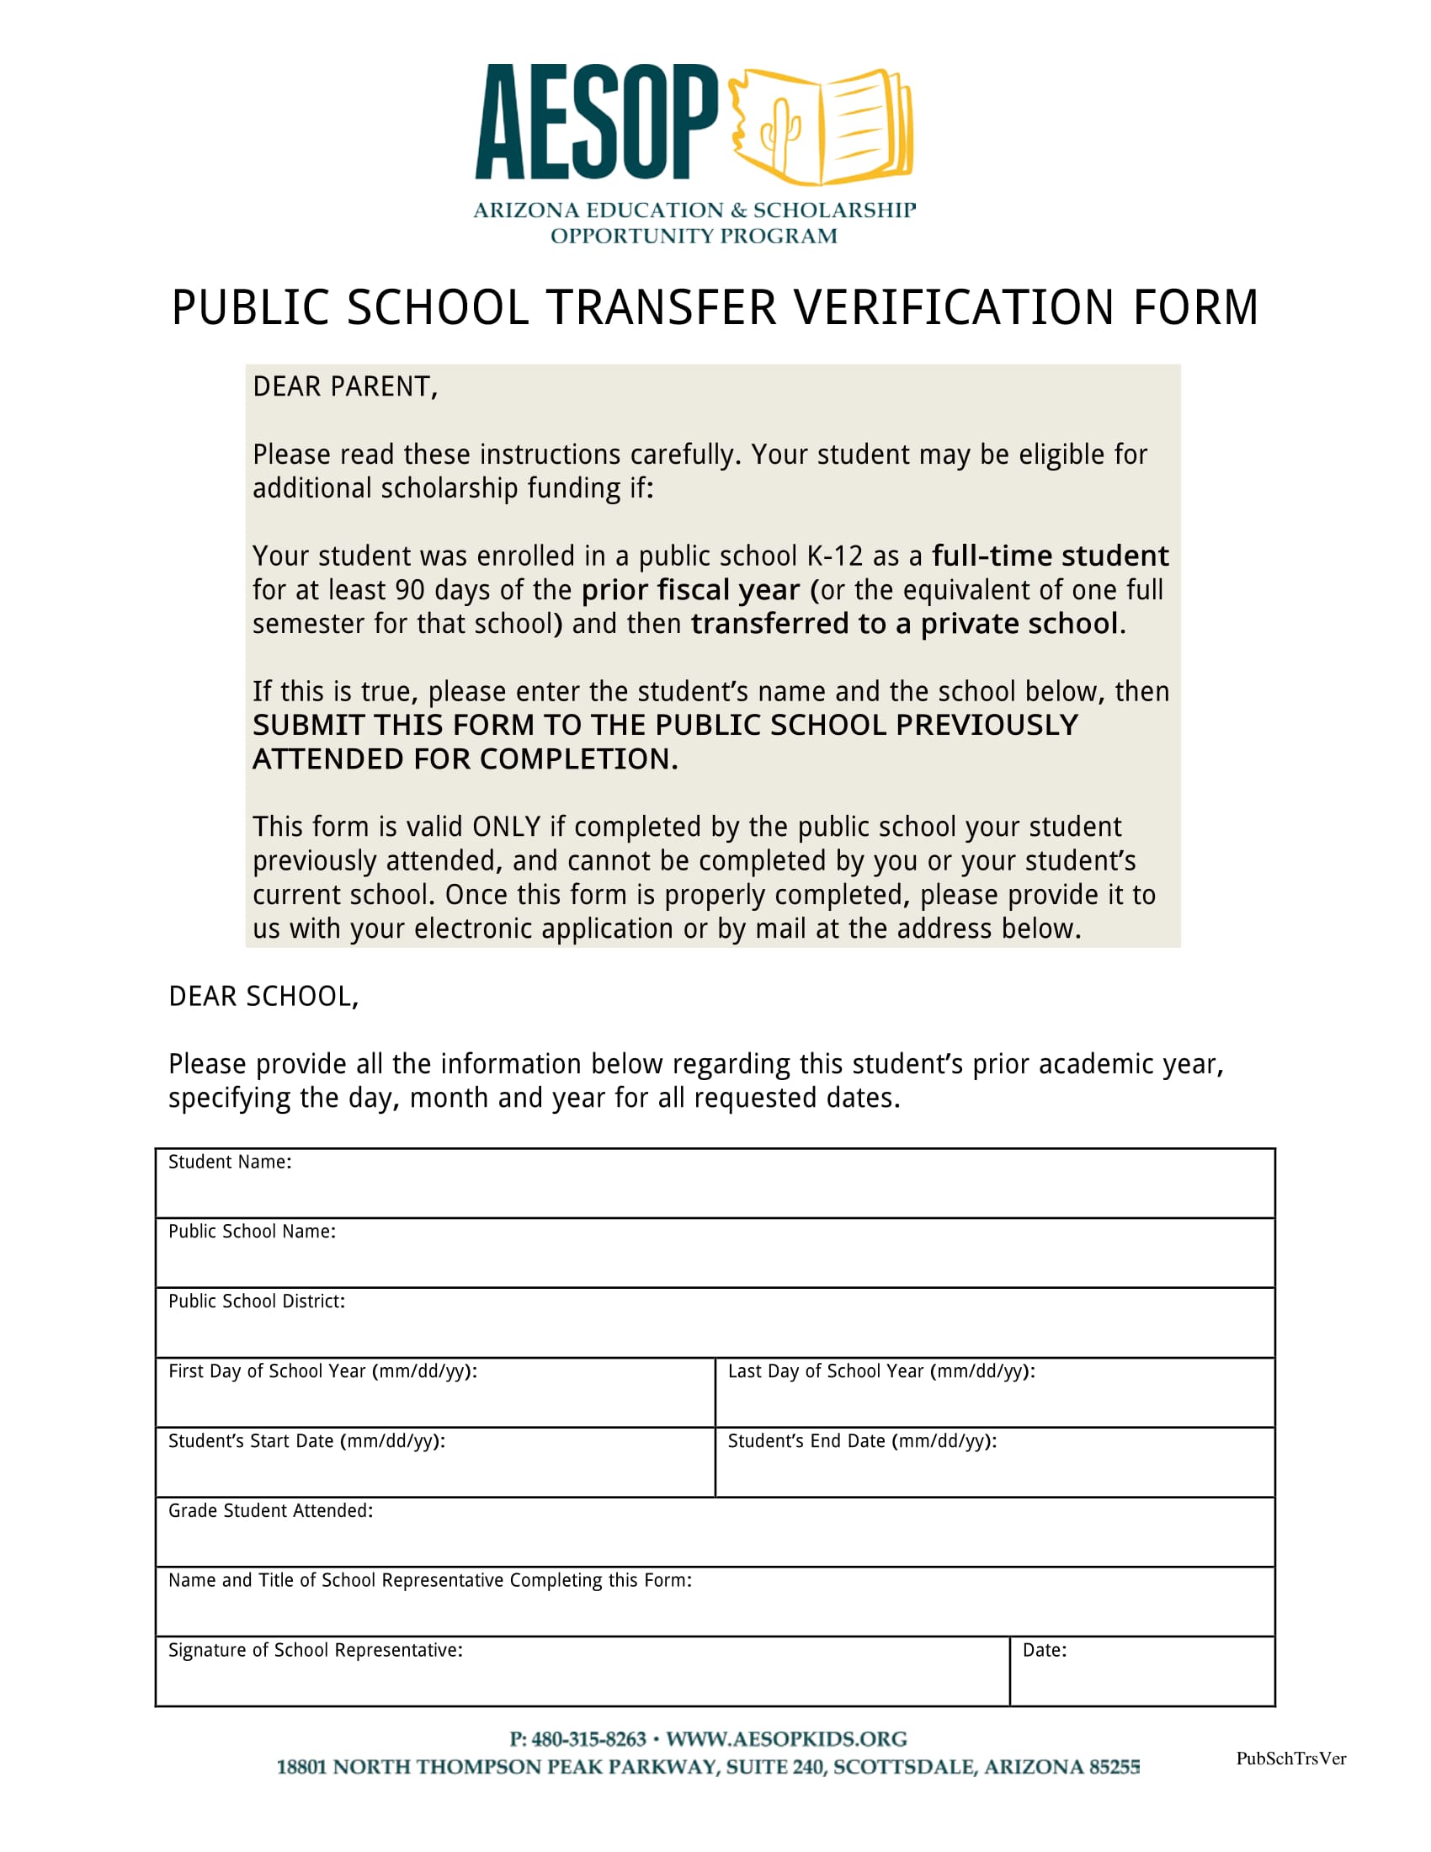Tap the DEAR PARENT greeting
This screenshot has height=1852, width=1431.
pyautogui.click(x=345, y=386)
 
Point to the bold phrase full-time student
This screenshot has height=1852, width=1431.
pyautogui.click(x=1050, y=556)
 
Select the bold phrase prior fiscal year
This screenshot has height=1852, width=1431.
pyautogui.click(x=690, y=590)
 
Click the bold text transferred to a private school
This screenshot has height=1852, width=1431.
pyautogui.click(x=905, y=624)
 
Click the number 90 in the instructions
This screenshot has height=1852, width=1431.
pyautogui.click(x=410, y=590)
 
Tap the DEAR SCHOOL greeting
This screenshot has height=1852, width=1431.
pyautogui.click(x=263, y=997)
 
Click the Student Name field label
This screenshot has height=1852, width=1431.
pyautogui.click(x=230, y=1163)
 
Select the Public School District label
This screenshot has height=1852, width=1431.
pyautogui.click(x=257, y=1301)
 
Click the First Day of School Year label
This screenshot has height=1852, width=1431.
pyautogui.click(x=322, y=1371)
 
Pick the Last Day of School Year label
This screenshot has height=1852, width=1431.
pyautogui.click(x=880, y=1371)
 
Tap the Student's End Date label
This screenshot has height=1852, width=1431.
pyautogui.click(x=861, y=1440)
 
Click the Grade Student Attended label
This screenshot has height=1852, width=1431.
pyautogui.click(x=270, y=1510)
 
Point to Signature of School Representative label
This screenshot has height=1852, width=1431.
pyautogui.click(x=316, y=1649)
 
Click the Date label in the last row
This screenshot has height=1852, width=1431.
pyautogui.click(x=1044, y=1649)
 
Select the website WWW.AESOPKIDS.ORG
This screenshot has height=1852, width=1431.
pyautogui.click(x=786, y=1739)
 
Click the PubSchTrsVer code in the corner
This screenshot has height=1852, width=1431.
pyautogui.click(x=1290, y=1758)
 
